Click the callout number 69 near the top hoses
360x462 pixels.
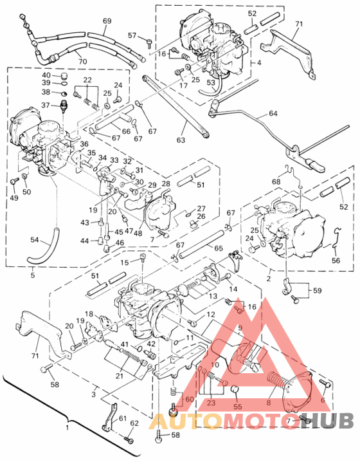pyautogui.click(x=107, y=21)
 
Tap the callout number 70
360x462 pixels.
pyautogui.click(x=82, y=61)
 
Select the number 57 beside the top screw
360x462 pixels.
pyautogui.click(x=132, y=35)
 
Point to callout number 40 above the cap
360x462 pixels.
pyautogui.click(x=46, y=75)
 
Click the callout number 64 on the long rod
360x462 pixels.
pyautogui.click(x=274, y=114)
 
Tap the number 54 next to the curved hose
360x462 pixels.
pyautogui.click(x=34, y=239)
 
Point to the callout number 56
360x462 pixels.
pyautogui.click(x=335, y=260)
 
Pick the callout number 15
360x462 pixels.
pyautogui.click(x=126, y=261)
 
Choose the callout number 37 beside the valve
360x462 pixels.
pyautogui.click(x=46, y=105)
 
